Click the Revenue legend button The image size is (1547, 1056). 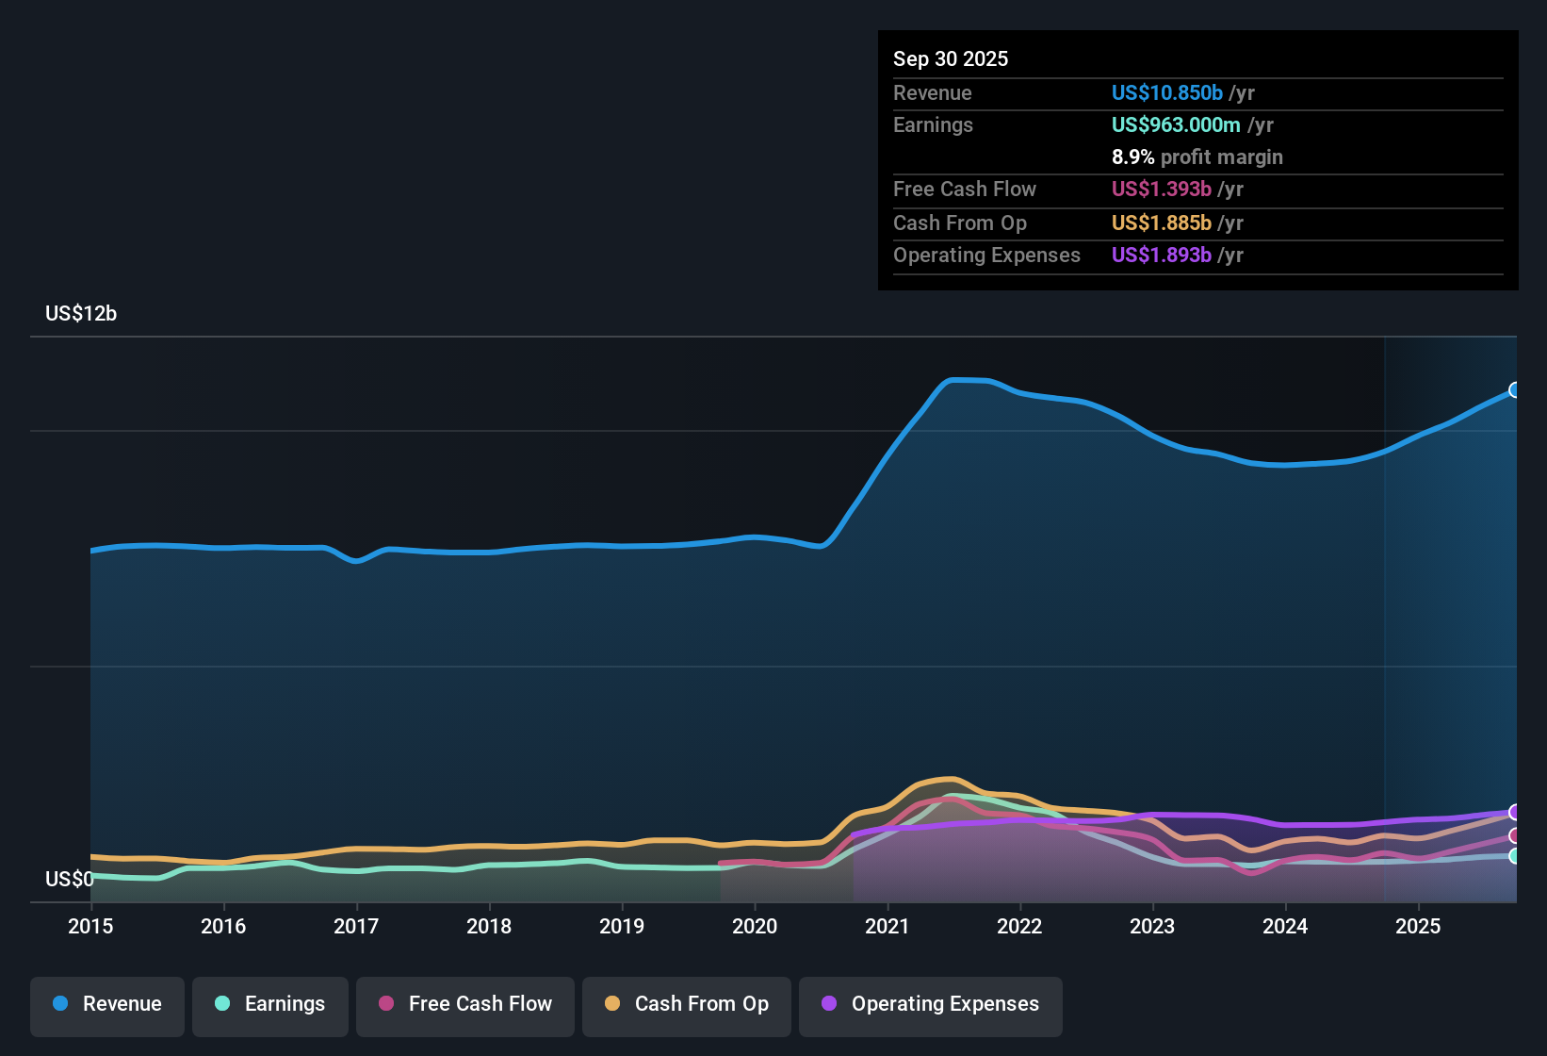(107, 1004)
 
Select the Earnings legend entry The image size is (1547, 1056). (270, 1004)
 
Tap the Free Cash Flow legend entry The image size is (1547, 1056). (465, 1004)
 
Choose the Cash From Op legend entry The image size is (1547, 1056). (687, 1004)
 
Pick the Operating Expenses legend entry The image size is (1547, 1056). (931, 1004)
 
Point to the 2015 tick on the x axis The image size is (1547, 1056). (90, 926)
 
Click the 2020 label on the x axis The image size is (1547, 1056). (755, 926)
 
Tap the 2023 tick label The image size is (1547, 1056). (1152, 926)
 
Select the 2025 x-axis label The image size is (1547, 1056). (1418, 926)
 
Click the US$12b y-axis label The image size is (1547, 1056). (81, 314)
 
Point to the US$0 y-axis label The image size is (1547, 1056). (69, 880)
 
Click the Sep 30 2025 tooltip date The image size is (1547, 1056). (951, 58)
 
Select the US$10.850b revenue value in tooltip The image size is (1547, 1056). (1166, 92)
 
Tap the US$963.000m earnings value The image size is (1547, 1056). (1175, 124)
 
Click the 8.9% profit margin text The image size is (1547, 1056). (1197, 157)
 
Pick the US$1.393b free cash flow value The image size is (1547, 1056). (1161, 189)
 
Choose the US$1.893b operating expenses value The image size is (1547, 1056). (1161, 255)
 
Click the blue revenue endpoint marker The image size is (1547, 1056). (1515, 390)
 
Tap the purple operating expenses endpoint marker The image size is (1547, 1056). (1515, 812)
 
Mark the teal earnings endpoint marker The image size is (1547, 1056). (1515, 856)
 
